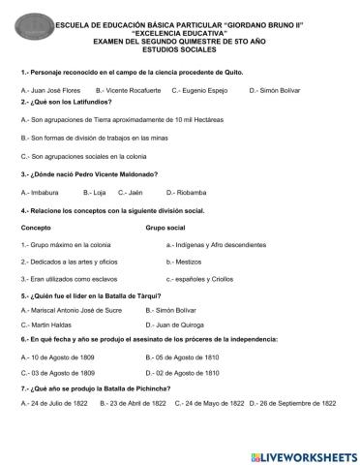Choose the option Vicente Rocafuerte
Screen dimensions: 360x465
click(x=126, y=90)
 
